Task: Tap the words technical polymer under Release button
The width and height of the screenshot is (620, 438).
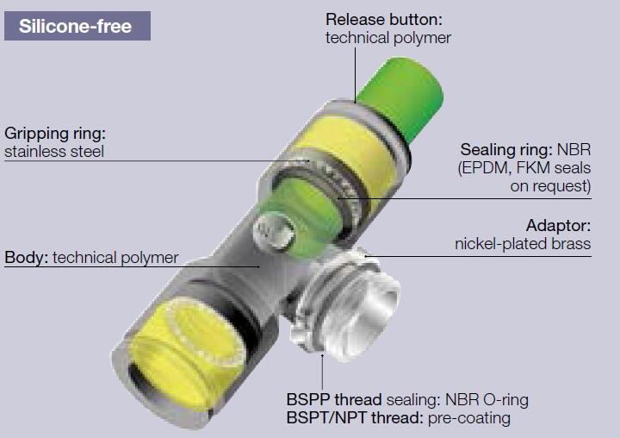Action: [x=387, y=37]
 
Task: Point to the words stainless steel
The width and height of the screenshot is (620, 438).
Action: [x=53, y=152]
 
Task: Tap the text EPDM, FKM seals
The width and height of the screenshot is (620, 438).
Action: [x=525, y=166]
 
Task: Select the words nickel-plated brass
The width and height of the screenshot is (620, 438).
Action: [x=523, y=244]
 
